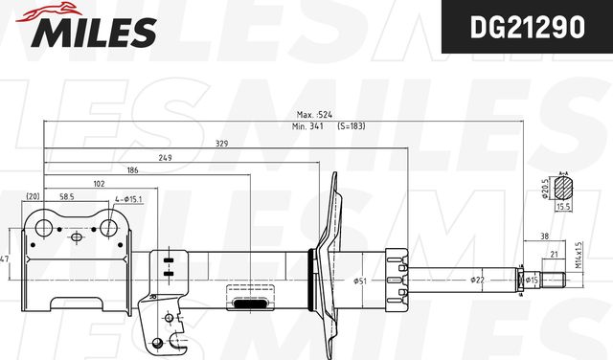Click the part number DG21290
pos(526,30)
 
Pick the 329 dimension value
pos(221,145)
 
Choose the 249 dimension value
pos(165,157)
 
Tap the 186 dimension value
pos(132,169)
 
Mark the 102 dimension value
pos(99,183)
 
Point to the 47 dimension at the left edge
pos(5,259)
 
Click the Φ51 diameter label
pos(360,281)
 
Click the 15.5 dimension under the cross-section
pos(563,206)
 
